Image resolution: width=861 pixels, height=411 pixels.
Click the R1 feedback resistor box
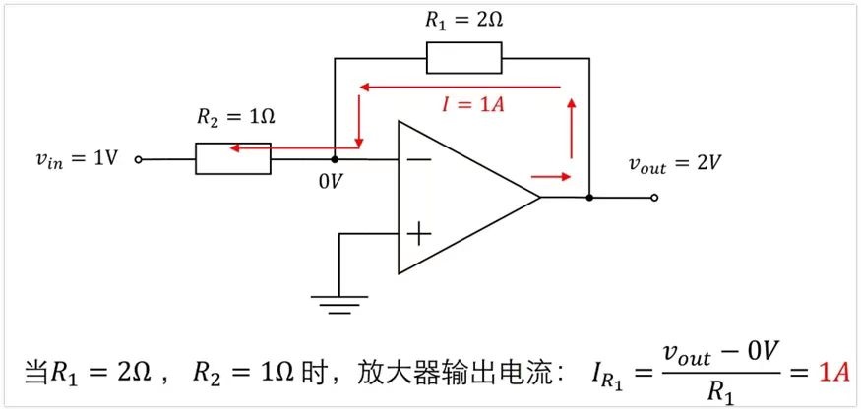click(x=464, y=58)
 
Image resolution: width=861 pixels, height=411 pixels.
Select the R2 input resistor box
click(x=233, y=158)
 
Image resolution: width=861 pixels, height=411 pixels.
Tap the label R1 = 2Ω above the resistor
click(x=464, y=21)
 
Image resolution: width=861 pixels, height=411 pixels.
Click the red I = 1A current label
click(x=474, y=104)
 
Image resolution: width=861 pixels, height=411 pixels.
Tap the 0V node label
click(x=330, y=182)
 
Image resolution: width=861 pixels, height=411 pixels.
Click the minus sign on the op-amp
click(x=420, y=159)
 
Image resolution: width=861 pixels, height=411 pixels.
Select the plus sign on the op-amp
click(x=420, y=234)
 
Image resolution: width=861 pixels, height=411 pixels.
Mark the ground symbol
click(x=338, y=305)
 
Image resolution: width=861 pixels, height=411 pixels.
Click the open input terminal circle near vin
click(x=139, y=159)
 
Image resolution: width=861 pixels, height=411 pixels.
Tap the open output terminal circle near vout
click(x=653, y=198)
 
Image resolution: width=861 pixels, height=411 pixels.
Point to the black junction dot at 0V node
click(x=334, y=159)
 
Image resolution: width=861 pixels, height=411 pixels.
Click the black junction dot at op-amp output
click(x=589, y=198)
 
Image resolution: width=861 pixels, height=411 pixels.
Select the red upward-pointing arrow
click(x=572, y=129)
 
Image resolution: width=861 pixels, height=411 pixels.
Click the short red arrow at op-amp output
click(x=551, y=177)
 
